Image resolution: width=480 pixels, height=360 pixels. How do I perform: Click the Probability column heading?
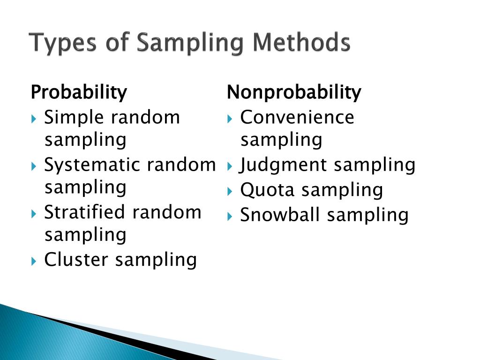pyautogui.click(x=78, y=93)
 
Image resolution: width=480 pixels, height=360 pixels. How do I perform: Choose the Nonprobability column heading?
pyautogui.click(x=294, y=93)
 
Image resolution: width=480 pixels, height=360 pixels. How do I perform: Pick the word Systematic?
pyautogui.click(x=92, y=165)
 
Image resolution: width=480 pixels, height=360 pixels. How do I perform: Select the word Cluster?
pyautogui.click(x=76, y=259)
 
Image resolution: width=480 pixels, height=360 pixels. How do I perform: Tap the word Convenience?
pyautogui.click(x=297, y=117)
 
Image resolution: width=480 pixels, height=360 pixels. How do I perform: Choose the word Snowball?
pyautogui.click(x=280, y=215)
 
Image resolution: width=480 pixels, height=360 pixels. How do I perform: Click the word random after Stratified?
pyautogui.click(x=166, y=212)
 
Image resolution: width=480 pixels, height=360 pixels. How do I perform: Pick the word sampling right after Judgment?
pyautogui.click(x=375, y=165)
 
